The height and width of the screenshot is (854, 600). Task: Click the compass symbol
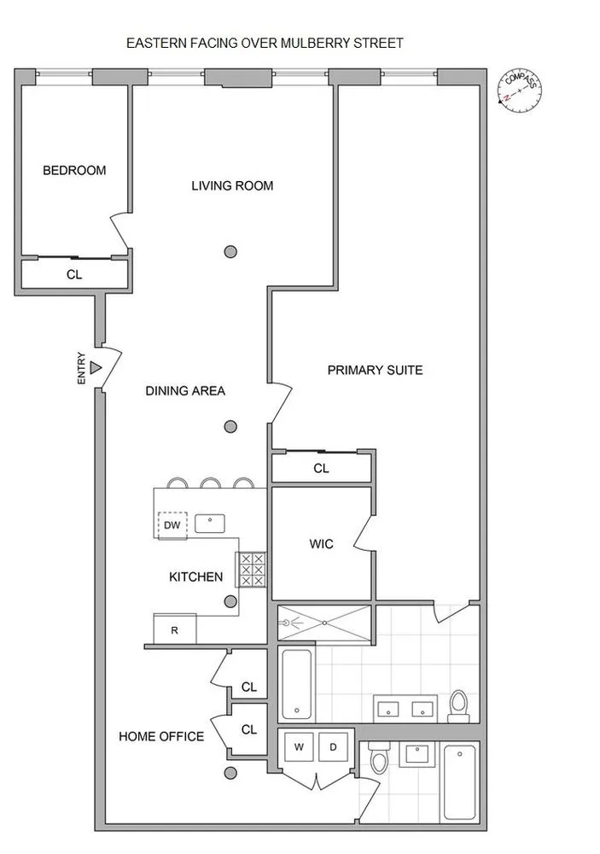pos(520,89)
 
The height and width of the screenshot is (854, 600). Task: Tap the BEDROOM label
pos(75,170)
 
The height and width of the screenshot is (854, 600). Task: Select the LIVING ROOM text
pos(232,185)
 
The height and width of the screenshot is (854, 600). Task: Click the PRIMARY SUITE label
pos(375,370)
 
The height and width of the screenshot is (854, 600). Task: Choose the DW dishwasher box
pos(172,525)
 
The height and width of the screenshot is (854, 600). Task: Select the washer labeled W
pos(299,747)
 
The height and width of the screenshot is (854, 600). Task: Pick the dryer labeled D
pos(332,747)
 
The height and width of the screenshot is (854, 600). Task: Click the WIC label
pos(321,543)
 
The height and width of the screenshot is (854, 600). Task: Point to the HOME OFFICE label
pos(161,736)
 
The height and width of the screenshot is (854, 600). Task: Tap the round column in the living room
pos(230,251)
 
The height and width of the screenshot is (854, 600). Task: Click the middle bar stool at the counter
pos(211,483)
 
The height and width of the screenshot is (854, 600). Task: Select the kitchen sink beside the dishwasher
pos(209,523)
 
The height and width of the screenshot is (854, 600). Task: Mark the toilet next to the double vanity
pos(459,706)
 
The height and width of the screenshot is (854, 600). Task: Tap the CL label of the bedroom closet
pos(74,275)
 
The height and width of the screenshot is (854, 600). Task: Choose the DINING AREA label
pos(185,391)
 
